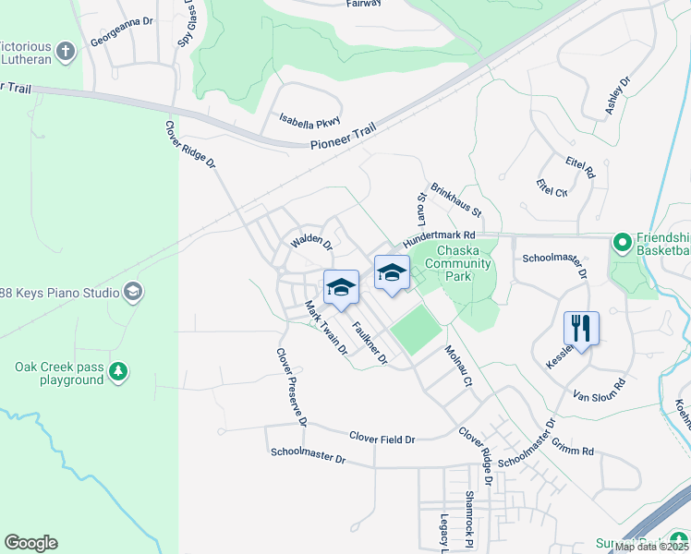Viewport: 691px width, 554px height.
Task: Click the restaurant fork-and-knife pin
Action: point(581,328)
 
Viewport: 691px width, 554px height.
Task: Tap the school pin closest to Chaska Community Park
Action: point(392,273)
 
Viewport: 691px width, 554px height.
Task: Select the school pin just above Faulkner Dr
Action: point(341,288)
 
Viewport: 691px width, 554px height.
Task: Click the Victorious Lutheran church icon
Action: point(65,52)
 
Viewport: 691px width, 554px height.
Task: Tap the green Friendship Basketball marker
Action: point(623,243)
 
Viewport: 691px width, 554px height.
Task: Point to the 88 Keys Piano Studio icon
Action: point(133,293)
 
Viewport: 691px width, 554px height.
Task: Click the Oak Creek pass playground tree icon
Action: point(117,372)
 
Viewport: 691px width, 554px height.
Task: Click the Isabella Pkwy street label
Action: point(310,121)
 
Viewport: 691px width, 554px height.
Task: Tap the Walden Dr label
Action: point(310,243)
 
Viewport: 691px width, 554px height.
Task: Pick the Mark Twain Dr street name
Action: point(326,330)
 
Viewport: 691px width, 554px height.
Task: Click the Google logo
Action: point(30,543)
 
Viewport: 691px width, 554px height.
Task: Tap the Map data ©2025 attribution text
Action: point(650,547)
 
